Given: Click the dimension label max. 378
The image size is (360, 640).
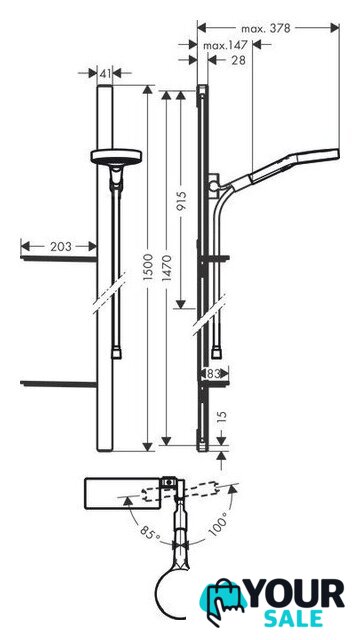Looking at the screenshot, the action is click(x=266, y=29).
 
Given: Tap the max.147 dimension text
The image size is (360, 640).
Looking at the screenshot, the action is click(x=225, y=46).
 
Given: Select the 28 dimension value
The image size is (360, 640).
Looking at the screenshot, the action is click(x=238, y=60).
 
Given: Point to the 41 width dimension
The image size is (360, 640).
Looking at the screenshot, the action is click(x=105, y=73).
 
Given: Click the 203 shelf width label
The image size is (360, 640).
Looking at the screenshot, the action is click(x=60, y=247).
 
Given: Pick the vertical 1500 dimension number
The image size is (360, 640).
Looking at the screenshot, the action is click(x=148, y=267).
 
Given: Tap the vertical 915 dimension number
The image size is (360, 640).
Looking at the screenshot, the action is click(x=181, y=201).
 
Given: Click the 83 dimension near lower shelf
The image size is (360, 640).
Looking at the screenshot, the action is click(x=213, y=373).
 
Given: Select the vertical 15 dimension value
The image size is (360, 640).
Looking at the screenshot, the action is click(x=222, y=418).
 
